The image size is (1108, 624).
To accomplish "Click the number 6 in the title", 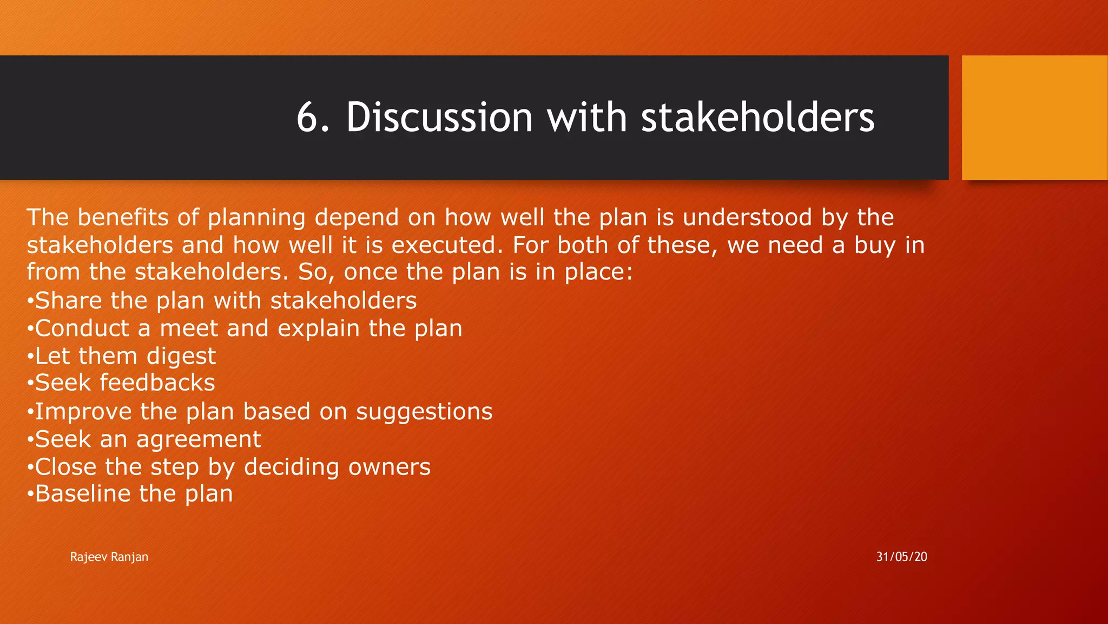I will (312, 118).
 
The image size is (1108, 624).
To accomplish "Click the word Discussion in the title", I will (439, 118).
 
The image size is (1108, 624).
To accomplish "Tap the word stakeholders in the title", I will (757, 118).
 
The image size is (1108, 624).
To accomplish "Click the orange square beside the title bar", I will (1034, 118).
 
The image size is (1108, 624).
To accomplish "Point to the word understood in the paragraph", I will (747, 218).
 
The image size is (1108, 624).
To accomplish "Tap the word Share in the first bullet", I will (68, 301).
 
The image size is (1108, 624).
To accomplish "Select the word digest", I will (181, 357).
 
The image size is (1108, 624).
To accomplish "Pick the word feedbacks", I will (157, 383).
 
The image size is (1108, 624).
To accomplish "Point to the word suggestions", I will (424, 412).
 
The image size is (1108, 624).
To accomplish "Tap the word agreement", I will (199, 439).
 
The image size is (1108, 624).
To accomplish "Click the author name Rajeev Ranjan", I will (109, 557).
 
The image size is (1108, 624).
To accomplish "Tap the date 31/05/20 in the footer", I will (901, 557).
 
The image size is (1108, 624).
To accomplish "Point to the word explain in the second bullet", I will (319, 329).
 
